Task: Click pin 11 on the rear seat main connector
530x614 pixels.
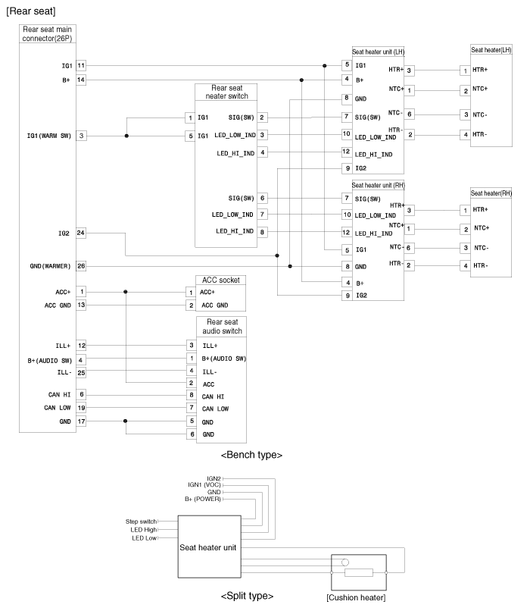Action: [81, 66]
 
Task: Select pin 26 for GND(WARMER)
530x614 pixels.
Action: [81, 266]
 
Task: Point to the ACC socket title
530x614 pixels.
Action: [220, 280]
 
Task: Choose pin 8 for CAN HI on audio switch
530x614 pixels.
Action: [192, 394]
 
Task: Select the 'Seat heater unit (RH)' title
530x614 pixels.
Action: [378, 185]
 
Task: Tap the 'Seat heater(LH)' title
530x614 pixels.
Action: [491, 50]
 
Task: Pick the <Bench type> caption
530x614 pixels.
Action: [251, 455]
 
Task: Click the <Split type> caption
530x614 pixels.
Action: [247, 596]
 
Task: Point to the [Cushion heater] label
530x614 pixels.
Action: [355, 598]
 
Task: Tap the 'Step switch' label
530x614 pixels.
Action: [142, 522]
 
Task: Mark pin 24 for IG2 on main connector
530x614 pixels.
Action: [81, 233]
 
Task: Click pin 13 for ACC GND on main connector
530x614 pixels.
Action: [81, 305]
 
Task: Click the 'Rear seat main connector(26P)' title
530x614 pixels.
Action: [48, 33]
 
